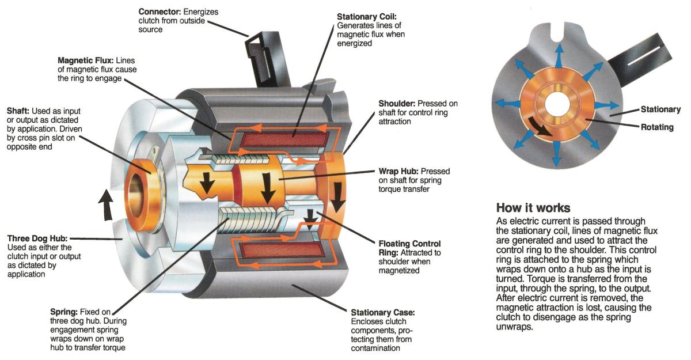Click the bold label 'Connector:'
158,12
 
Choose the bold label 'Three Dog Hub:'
37,238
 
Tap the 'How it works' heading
533,207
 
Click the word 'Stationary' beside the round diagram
660,109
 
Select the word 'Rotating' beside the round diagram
656,127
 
